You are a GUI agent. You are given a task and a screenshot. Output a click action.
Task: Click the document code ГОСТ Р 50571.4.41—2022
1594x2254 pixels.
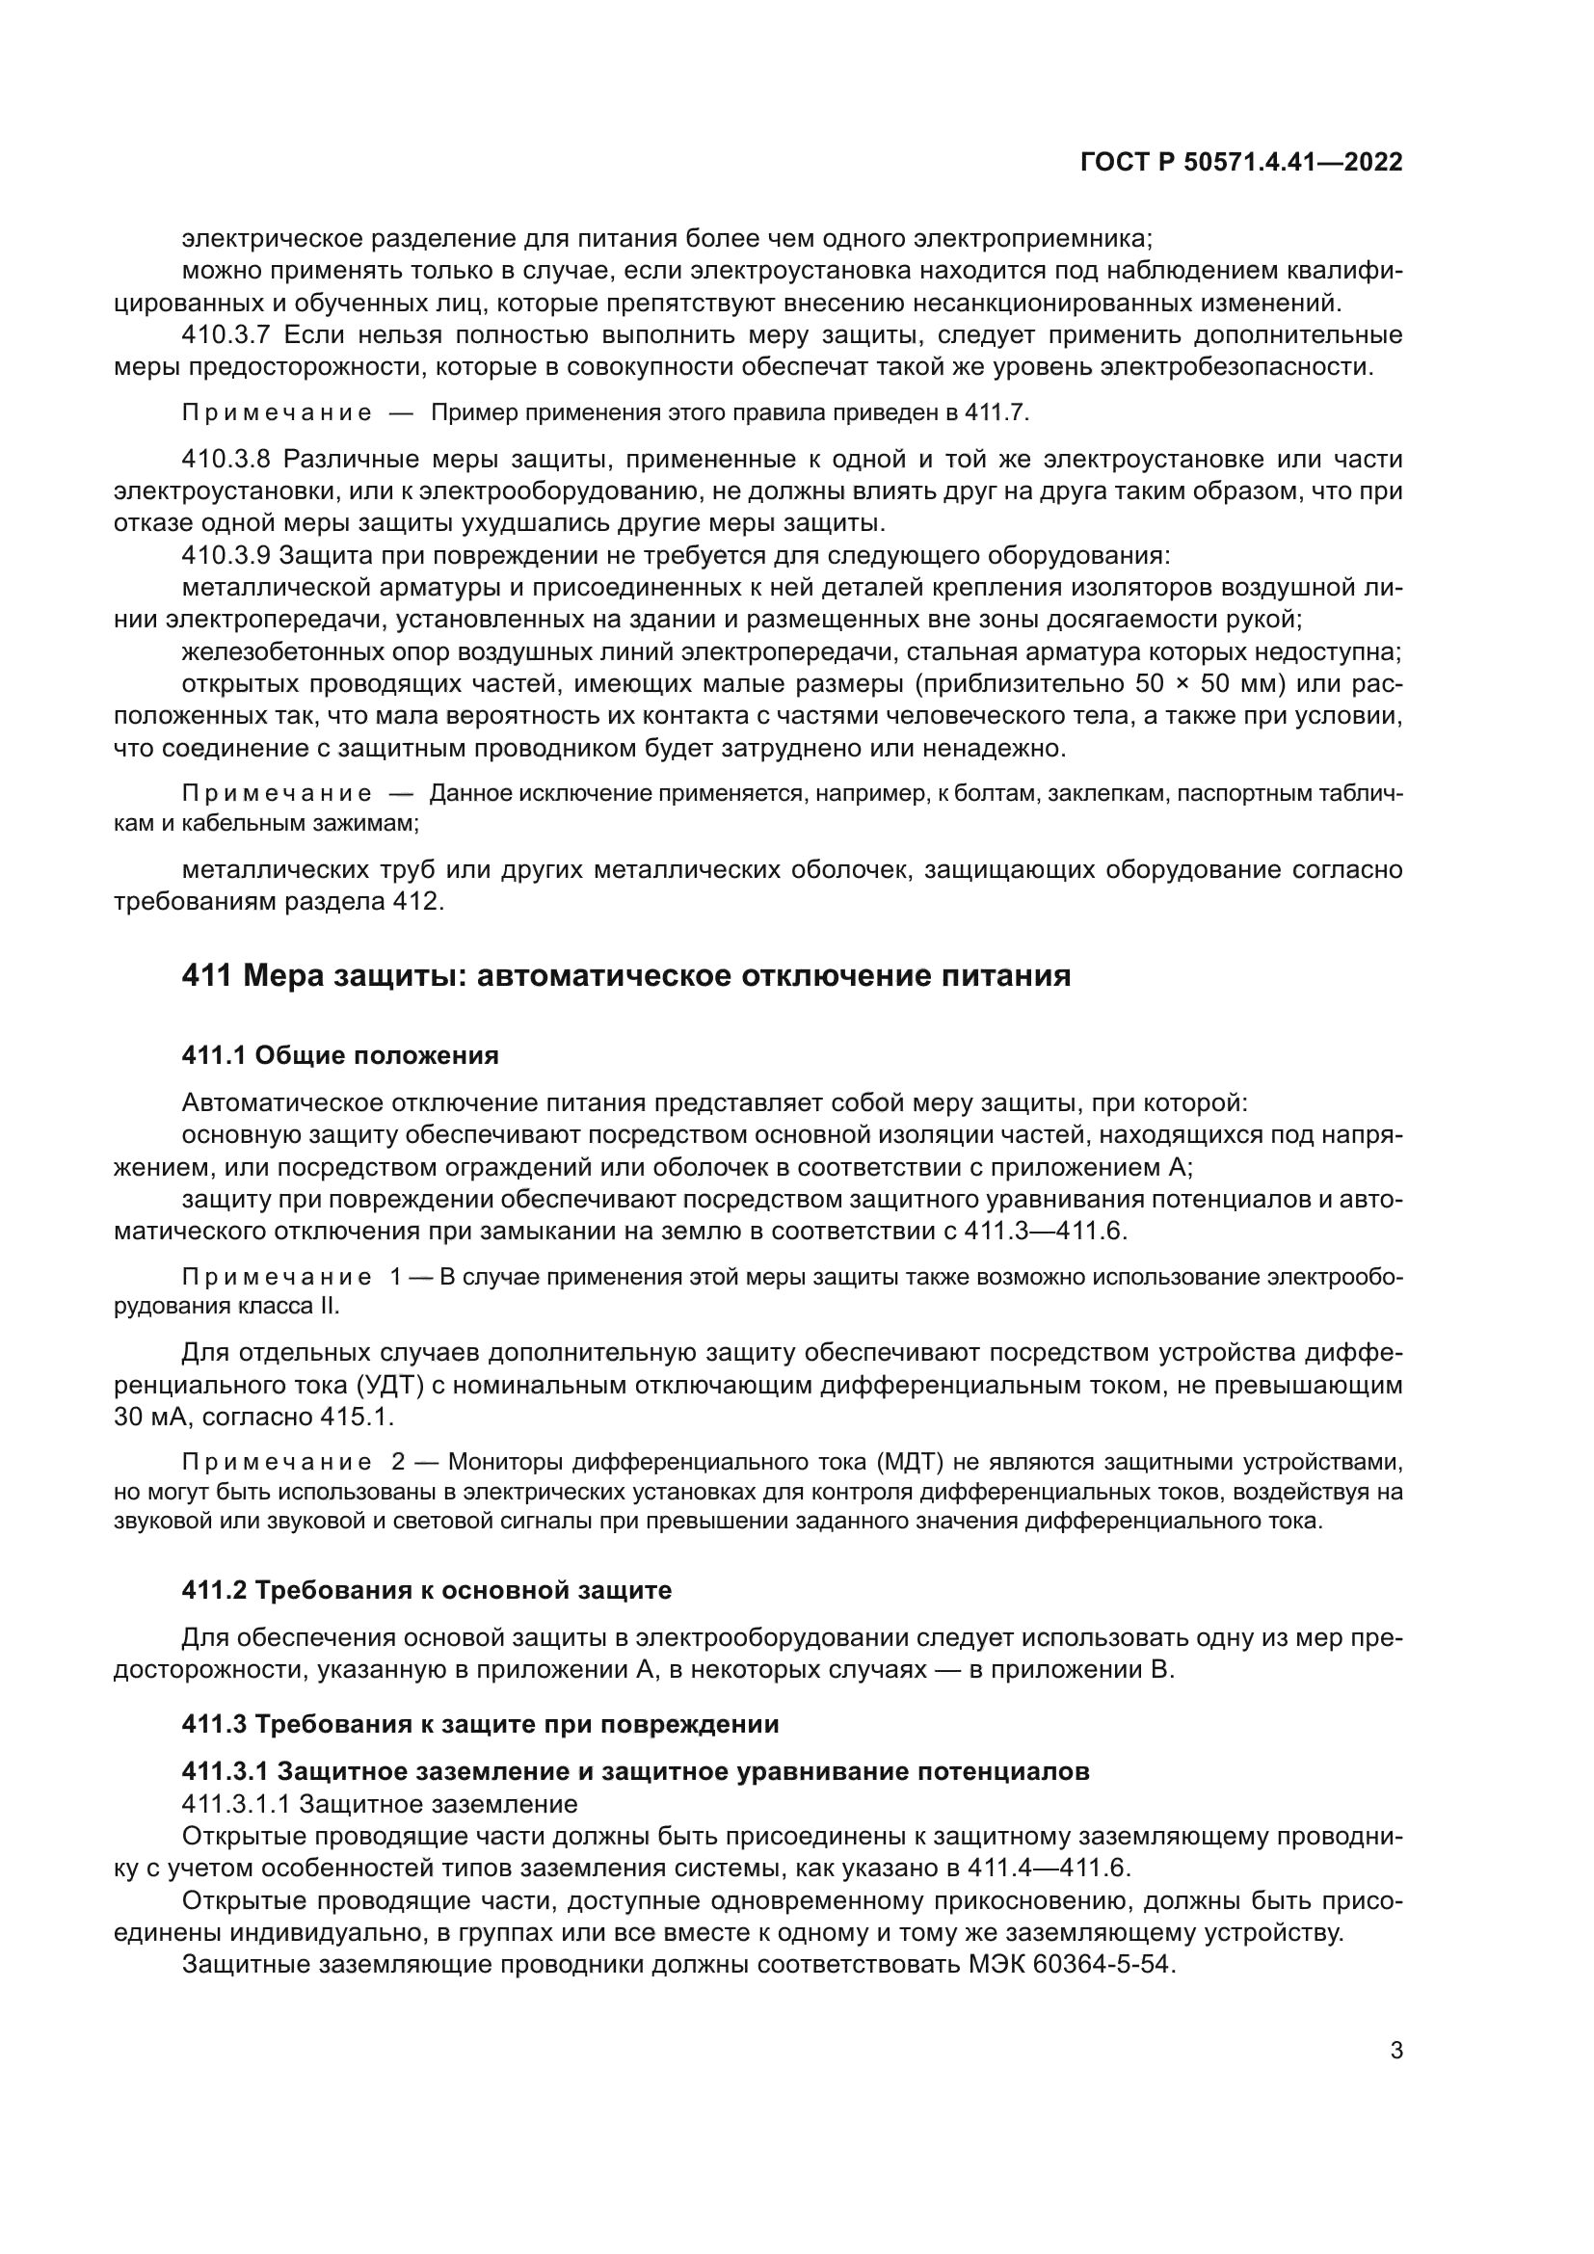[1240, 162]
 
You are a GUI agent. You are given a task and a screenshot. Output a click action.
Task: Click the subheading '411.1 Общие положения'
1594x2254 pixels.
[340, 1055]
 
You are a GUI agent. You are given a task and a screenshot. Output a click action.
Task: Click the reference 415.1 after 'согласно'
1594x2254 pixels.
[357, 1418]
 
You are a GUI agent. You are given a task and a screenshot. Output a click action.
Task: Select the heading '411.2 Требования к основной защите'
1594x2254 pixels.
[427, 1589]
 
